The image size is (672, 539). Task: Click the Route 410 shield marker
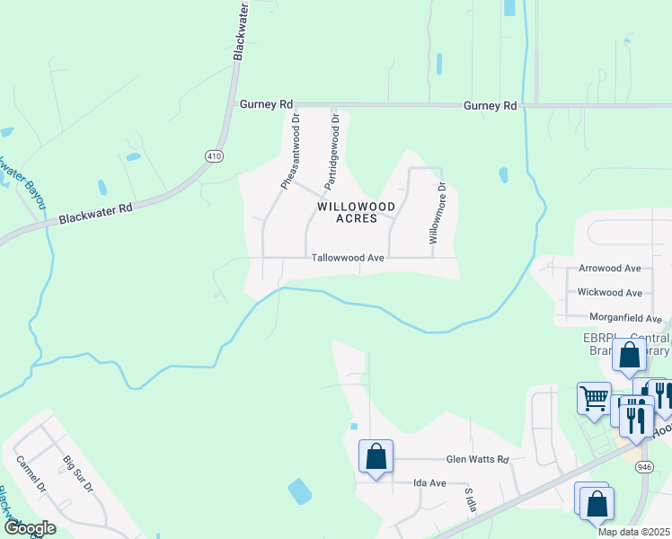pyautogui.click(x=214, y=155)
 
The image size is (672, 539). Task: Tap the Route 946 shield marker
pyautogui.click(x=644, y=467)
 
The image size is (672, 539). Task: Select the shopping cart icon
pyautogui.click(x=594, y=398)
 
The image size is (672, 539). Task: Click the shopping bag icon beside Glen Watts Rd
pyautogui.click(x=376, y=455)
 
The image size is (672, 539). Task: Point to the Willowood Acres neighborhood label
pyautogui.click(x=356, y=212)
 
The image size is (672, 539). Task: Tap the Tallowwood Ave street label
pyautogui.click(x=348, y=258)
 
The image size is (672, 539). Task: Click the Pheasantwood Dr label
pyautogui.click(x=292, y=156)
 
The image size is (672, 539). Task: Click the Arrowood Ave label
pyautogui.click(x=609, y=269)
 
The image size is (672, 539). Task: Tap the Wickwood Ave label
pyautogui.click(x=609, y=293)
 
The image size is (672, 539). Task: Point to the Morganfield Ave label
pyautogui.click(x=625, y=318)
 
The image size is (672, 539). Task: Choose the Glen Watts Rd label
pyautogui.click(x=478, y=460)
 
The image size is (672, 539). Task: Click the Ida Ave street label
pyautogui.click(x=429, y=483)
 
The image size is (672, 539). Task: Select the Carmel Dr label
pyautogui.click(x=31, y=474)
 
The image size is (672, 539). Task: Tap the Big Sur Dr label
pyautogui.click(x=78, y=475)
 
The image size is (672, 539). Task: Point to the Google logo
pyautogui.click(x=30, y=528)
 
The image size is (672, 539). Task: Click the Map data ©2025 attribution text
pyautogui.click(x=633, y=532)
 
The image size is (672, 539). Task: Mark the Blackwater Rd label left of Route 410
pyautogui.click(x=95, y=213)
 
